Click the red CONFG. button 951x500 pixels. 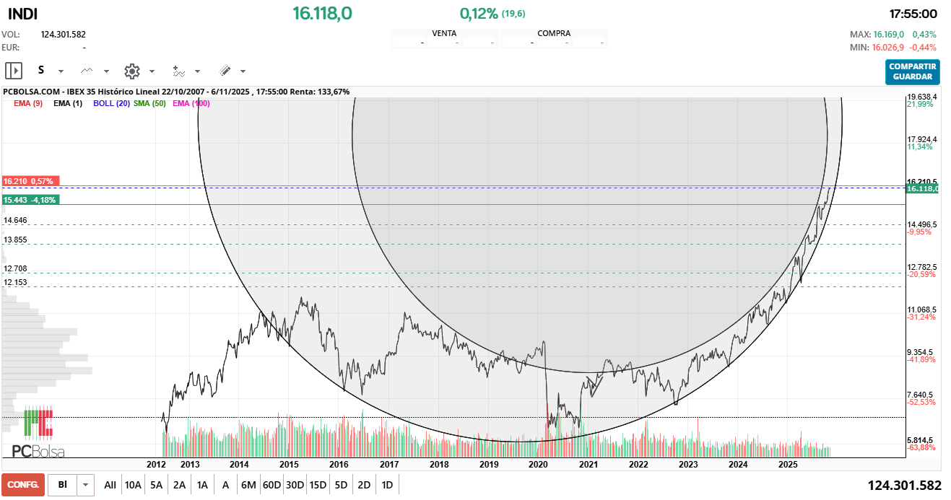(x=23, y=485)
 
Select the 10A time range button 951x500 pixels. (x=133, y=485)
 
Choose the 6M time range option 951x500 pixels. (x=248, y=485)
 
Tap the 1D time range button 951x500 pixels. (x=387, y=485)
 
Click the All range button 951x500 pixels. (x=110, y=485)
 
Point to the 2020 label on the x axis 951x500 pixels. (x=539, y=465)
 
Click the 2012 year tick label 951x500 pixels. (x=157, y=465)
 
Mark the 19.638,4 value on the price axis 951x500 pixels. (x=922, y=97)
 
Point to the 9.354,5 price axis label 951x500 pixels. (x=922, y=352)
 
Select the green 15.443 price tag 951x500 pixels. (x=30, y=199)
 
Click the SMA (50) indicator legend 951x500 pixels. (x=149, y=103)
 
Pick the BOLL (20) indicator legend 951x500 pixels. (x=111, y=103)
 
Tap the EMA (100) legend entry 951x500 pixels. (x=191, y=103)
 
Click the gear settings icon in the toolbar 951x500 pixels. (x=131, y=71)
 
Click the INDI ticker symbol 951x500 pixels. (x=23, y=14)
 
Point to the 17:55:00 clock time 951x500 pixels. (x=913, y=14)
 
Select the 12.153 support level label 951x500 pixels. (x=15, y=282)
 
